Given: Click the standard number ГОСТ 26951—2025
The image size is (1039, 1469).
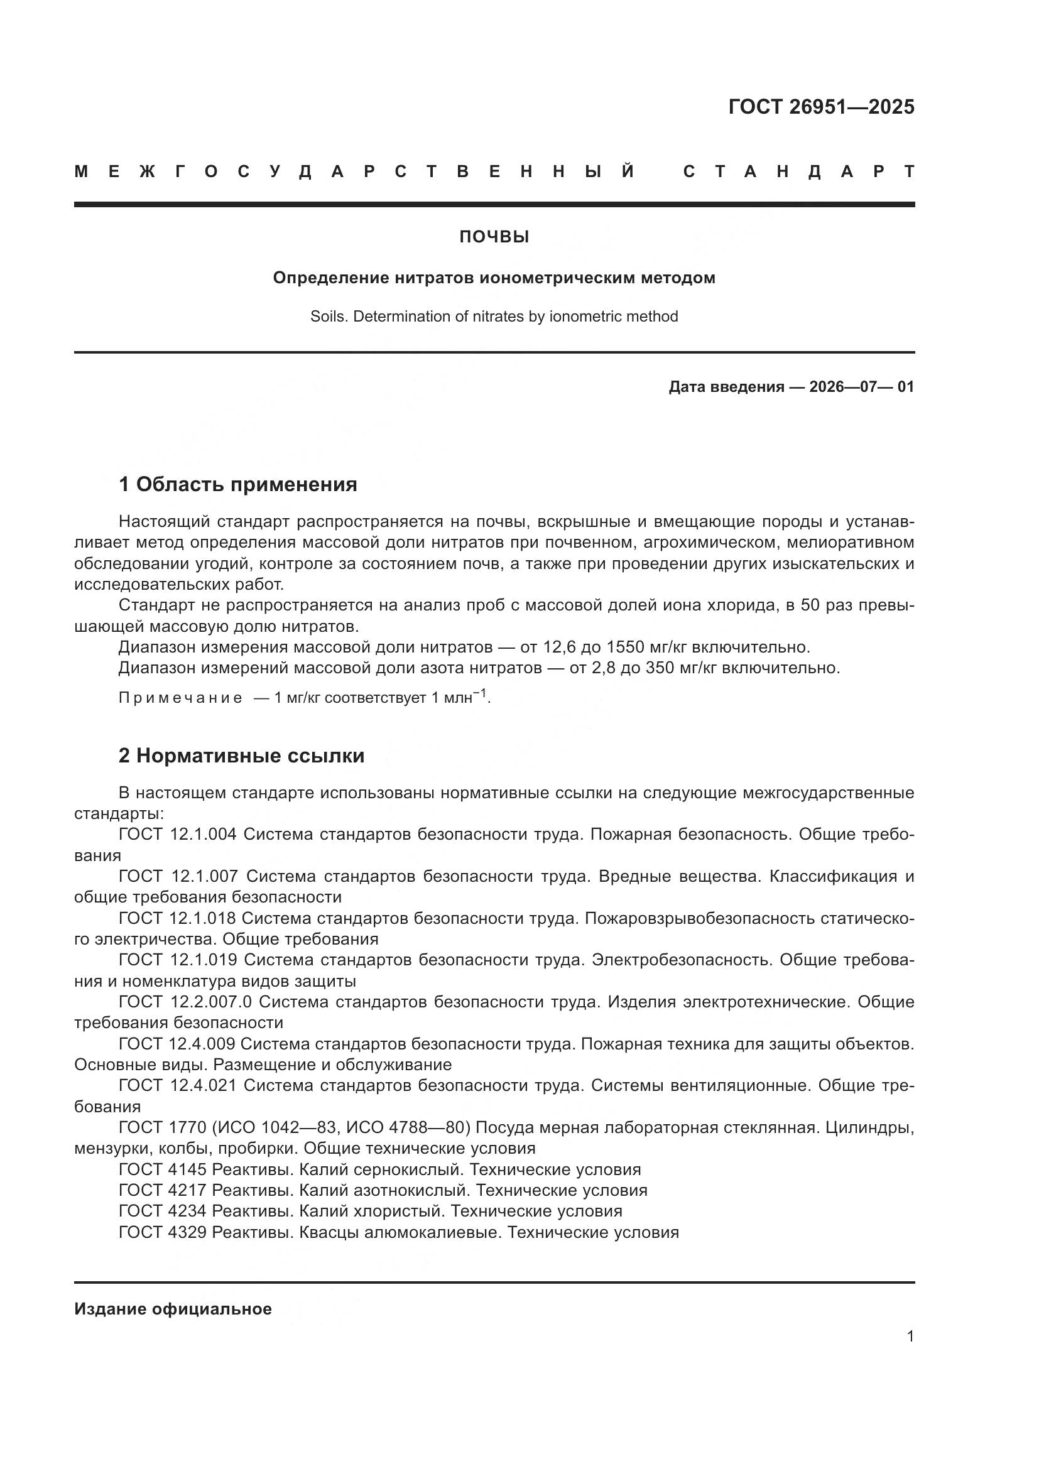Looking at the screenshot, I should coord(821,107).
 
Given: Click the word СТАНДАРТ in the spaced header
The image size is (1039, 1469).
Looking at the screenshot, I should coord(798,172).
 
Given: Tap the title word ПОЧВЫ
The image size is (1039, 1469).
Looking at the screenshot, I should coord(494,237).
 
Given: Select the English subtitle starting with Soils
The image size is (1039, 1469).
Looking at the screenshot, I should coord(494,317).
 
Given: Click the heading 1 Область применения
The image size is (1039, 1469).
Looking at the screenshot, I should coord(237,485).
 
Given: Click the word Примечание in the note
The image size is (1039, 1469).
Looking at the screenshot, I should coord(180,698).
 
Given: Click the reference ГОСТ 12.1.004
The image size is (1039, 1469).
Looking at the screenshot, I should coord(178,834).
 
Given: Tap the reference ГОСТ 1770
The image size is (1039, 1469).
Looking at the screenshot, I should coord(162,1127).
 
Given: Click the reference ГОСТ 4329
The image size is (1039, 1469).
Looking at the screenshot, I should coord(163,1232).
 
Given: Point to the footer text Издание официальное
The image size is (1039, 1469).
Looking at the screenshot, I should coord(173,1309).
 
